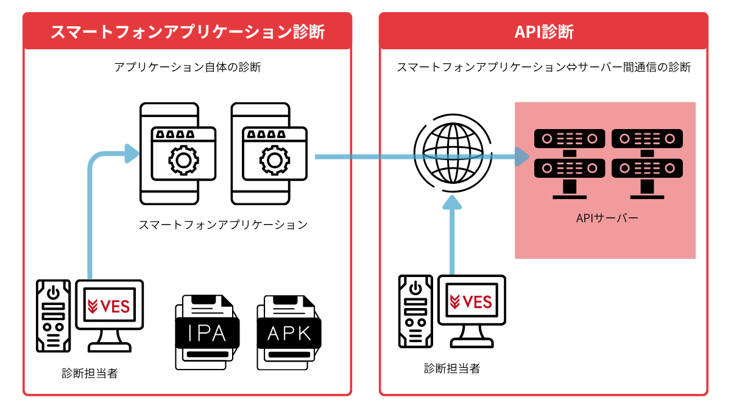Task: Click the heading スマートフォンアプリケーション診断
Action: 187,32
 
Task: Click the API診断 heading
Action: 543,32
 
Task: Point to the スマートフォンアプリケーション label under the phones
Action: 223,225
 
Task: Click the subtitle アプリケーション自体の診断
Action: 188,67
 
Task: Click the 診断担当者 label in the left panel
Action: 90,373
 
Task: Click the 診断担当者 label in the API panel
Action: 452,368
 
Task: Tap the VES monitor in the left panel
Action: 110,308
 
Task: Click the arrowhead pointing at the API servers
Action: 521,157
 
